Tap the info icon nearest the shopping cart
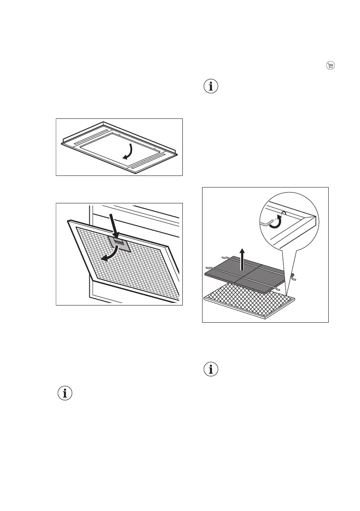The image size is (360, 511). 211,86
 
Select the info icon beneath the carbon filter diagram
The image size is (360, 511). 211,369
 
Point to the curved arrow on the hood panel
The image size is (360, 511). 129,151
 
